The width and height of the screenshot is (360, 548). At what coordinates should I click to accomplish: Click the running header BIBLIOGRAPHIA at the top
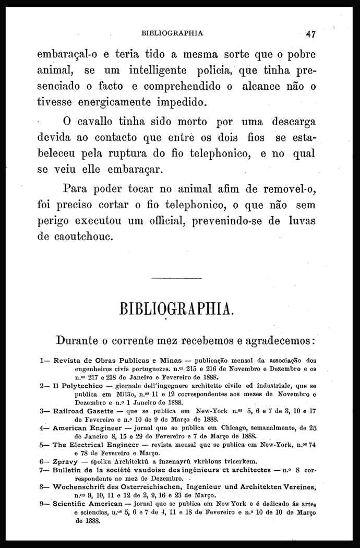coord(172,33)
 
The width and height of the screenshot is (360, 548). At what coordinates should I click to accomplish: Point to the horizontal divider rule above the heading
coord(176,278)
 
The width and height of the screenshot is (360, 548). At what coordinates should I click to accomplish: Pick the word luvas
coord(303,220)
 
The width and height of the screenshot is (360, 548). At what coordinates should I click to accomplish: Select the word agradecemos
coord(275,341)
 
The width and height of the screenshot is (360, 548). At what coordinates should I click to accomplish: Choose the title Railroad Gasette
coord(86,411)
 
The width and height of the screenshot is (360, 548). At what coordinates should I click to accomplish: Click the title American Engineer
coord(88,428)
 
